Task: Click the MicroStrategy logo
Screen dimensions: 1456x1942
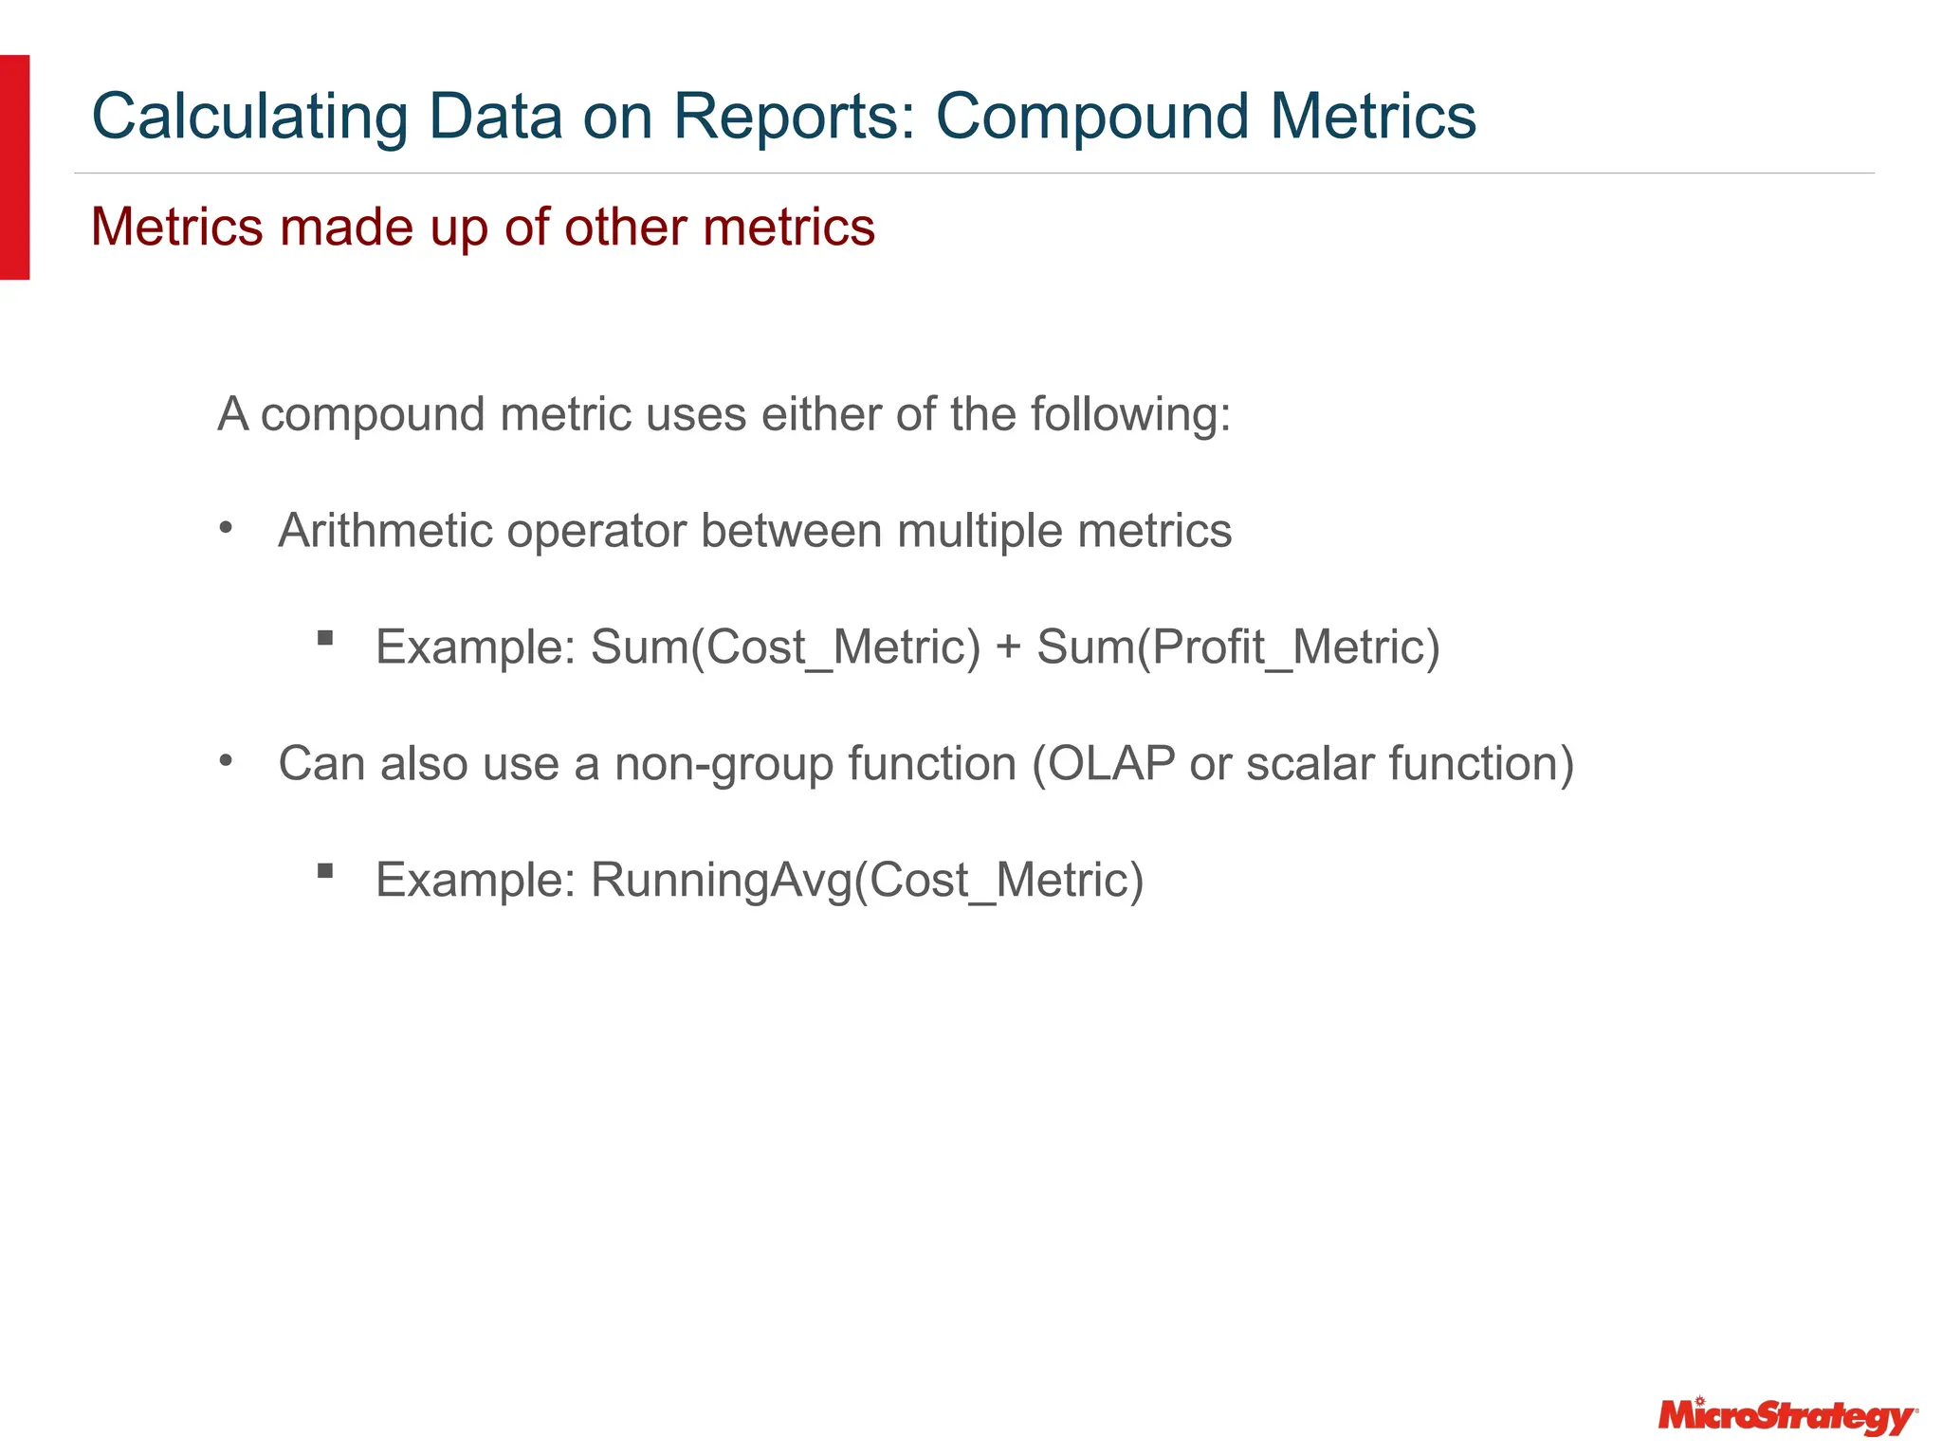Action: (x=1787, y=1417)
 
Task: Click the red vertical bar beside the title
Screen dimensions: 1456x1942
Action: (x=14, y=167)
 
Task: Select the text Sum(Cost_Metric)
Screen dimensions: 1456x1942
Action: (x=785, y=647)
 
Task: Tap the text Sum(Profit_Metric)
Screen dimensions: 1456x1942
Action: (x=1238, y=647)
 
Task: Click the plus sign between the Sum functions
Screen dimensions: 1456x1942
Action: (x=1009, y=648)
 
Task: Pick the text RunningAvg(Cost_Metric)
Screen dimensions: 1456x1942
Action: (x=867, y=881)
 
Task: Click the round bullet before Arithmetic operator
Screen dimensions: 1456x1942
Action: (x=226, y=528)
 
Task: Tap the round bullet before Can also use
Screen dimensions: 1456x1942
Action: (x=226, y=761)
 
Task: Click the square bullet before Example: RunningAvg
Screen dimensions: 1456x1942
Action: (x=325, y=870)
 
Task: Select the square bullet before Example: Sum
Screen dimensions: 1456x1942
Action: (x=325, y=638)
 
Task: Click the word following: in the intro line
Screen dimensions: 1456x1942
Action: (x=1130, y=414)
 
